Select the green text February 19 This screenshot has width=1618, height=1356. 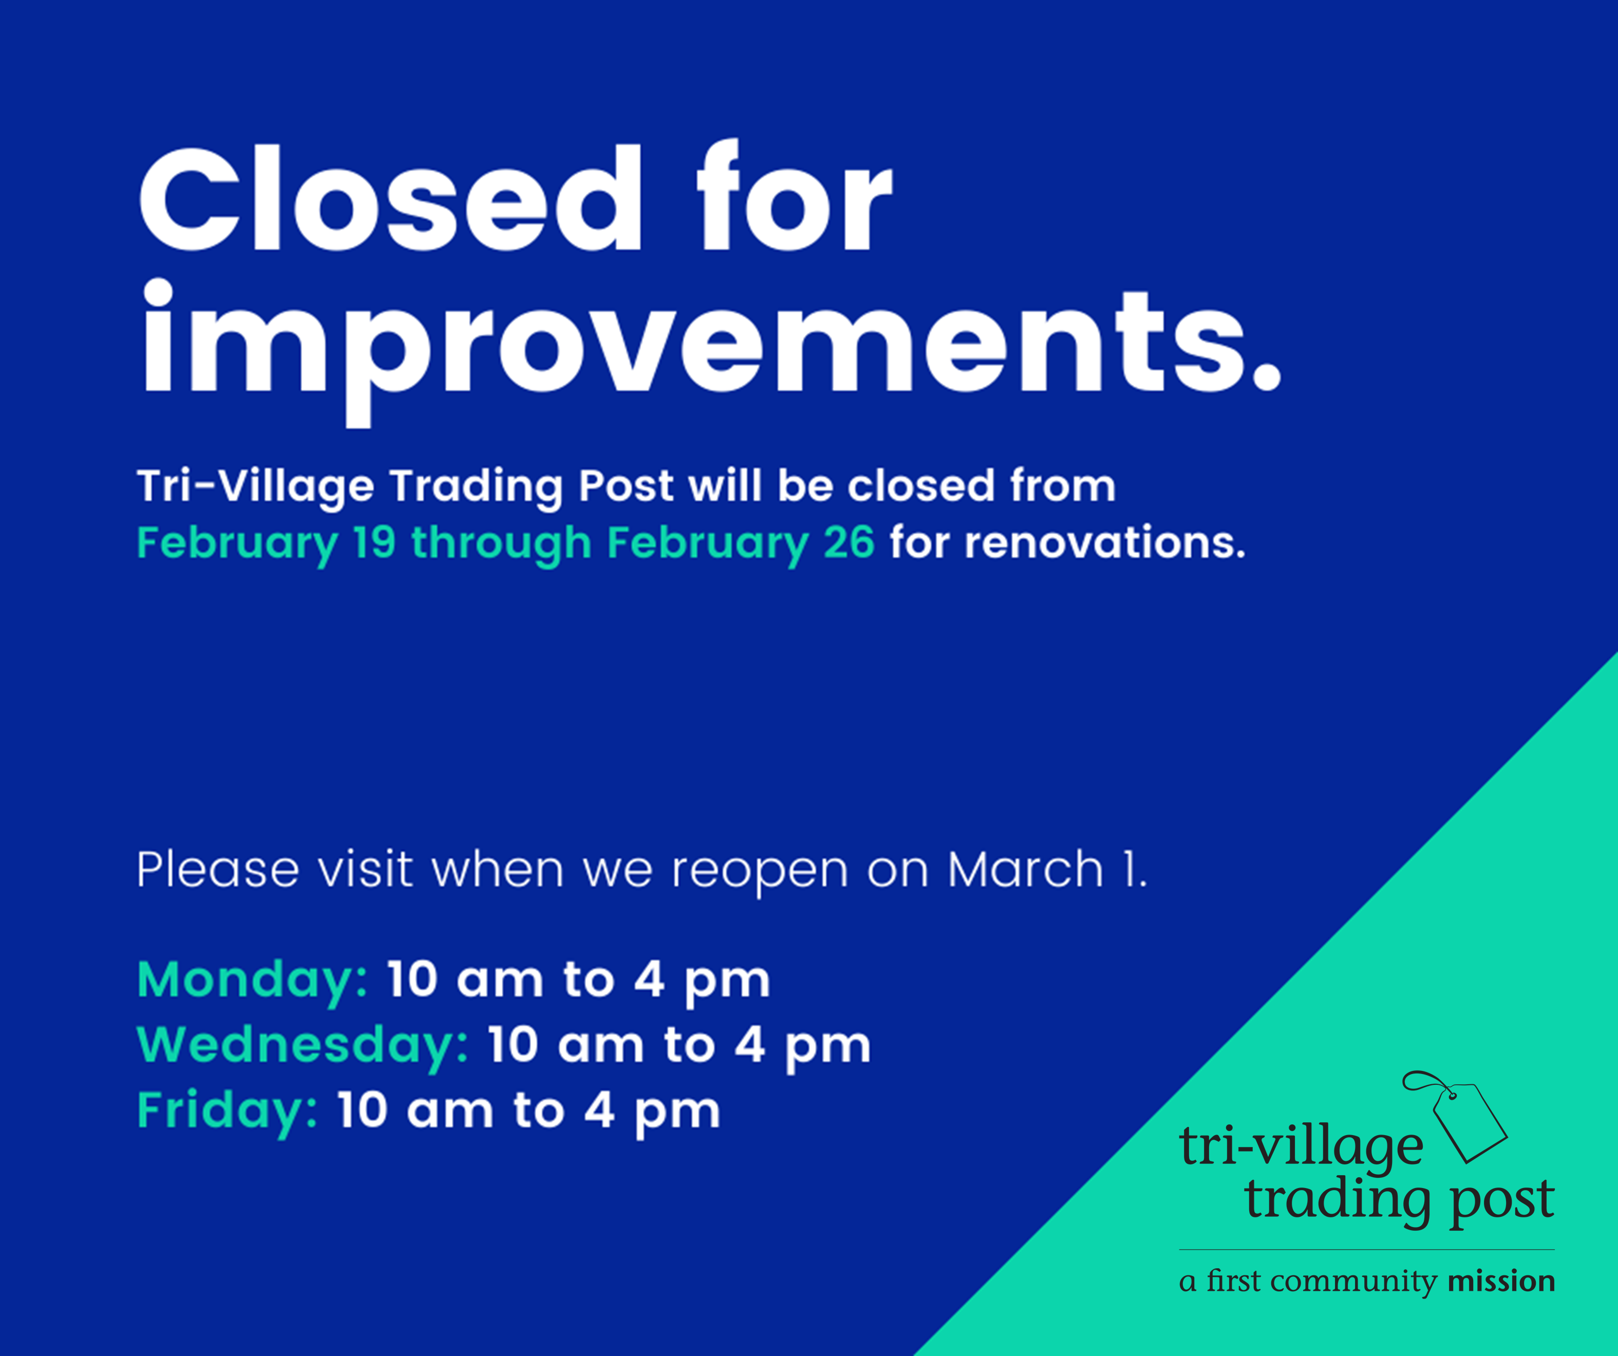[x=267, y=544]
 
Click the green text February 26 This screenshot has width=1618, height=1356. [x=741, y=544]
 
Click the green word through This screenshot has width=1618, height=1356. [x=501, y=544]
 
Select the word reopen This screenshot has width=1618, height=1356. [x=760, y=871]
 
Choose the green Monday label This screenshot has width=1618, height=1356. [x=252, y=981]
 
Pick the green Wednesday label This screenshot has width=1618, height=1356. [x=302, y=1046]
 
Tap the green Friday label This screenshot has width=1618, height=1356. [x=227, y=1111]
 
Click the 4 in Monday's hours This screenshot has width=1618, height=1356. [x=649, y=980]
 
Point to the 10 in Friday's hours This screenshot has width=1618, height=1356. [x=362, y=1111]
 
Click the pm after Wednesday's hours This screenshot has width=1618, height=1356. [x=827, y=1049]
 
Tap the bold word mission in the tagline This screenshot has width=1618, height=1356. [x=1501, y=1281]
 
